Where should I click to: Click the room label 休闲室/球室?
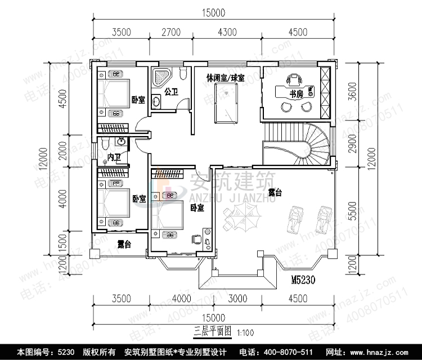(x=225, y=78)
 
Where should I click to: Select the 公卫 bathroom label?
(x=171, y=91)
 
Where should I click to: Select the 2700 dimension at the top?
(x=171, y=32)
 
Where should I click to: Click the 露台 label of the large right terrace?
(x=275, y=192)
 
